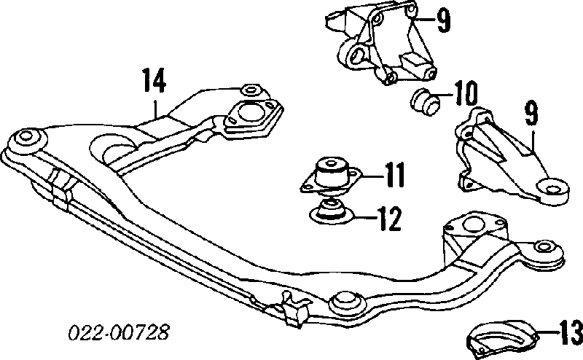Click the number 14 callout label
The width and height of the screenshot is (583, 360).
pyautogui.click(x=154, y=80)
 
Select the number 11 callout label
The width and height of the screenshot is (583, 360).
pyautogui.click(x=394, y=174)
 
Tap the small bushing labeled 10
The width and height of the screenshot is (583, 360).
pyautogui.click(x=424, y=101)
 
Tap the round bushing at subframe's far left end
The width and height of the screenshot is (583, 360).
pyautogui.click(x=28, y=137)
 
